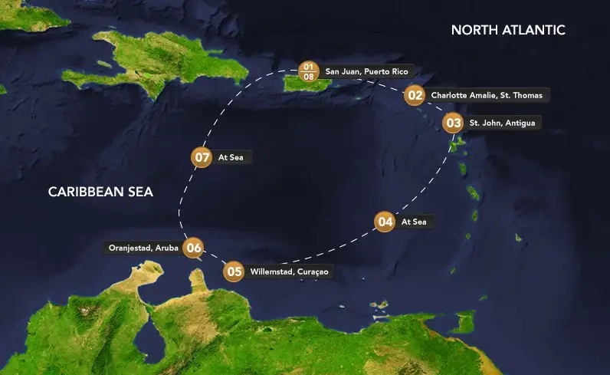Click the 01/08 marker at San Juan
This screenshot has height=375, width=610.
[309, 71]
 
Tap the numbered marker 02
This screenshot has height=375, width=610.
[415, 95]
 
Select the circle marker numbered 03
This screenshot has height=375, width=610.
[453, 123]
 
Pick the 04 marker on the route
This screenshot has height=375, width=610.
[385, 222]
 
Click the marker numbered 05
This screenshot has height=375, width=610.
[234, 271]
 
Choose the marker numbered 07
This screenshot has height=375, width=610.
[201, 157]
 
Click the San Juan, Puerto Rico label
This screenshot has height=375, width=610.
[366, 71]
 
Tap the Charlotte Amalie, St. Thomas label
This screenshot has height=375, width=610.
[487, 96]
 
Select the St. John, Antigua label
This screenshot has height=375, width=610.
[502, 123]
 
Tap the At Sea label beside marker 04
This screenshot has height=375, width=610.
[415, 222]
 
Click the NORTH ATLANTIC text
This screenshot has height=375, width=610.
[508, 30]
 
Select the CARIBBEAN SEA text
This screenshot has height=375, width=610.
[100, 192]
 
